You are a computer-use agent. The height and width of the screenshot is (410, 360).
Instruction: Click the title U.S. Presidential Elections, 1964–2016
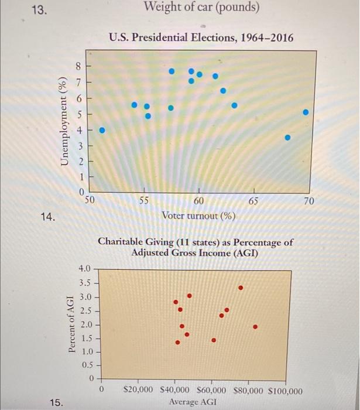[201, 38]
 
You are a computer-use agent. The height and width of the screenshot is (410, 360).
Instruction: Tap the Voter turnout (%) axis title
[198, 216]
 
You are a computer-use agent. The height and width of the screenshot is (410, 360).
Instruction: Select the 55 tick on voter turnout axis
[144, 200]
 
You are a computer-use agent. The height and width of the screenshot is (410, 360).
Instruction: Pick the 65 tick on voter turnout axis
[253, 200]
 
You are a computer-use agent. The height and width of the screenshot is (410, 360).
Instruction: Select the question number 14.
[49, 218]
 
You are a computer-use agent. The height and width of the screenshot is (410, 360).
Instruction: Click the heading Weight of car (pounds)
[201, 8]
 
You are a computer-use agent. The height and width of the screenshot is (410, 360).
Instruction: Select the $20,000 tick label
[139, 390]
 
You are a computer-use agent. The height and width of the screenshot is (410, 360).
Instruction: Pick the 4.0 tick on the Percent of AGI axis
[85, 269]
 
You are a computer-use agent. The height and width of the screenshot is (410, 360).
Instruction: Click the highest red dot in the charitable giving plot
[241, 288]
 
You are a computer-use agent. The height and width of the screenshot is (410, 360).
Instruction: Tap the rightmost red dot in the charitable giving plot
[255, 327]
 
